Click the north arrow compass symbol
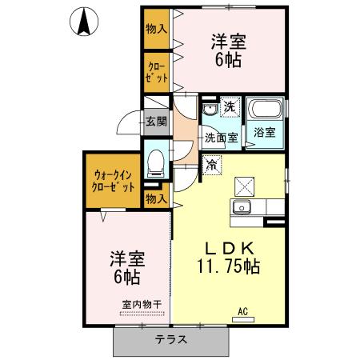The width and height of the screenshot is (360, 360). pyautogui.click(x=82, y=22)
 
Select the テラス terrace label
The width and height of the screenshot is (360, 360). pyautogui.click(x=171, y=338)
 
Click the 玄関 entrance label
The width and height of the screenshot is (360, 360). pyautogui.click(x=156, y=122)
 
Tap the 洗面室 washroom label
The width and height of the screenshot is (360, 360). pyautogui.click(x=220, y=138)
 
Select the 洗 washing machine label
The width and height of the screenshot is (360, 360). pyautogui.click(x=229, y=107)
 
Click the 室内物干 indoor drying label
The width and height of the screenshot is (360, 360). pyautogui.click(x=142, y=303)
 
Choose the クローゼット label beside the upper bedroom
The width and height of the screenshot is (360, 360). pyautogui.click(x=157, y=73)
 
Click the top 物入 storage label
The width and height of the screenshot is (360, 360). pyautogui.click(x=156, y=28)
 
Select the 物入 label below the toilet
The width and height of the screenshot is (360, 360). pyautogui.click(x=156, y=198)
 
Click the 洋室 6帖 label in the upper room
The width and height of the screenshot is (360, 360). pyautogui.click(x=230, y=48)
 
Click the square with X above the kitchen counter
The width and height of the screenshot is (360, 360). pyautogui.click(x=243, y=185)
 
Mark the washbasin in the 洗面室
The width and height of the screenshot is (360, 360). pyautogui.click(x=210, y=110)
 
